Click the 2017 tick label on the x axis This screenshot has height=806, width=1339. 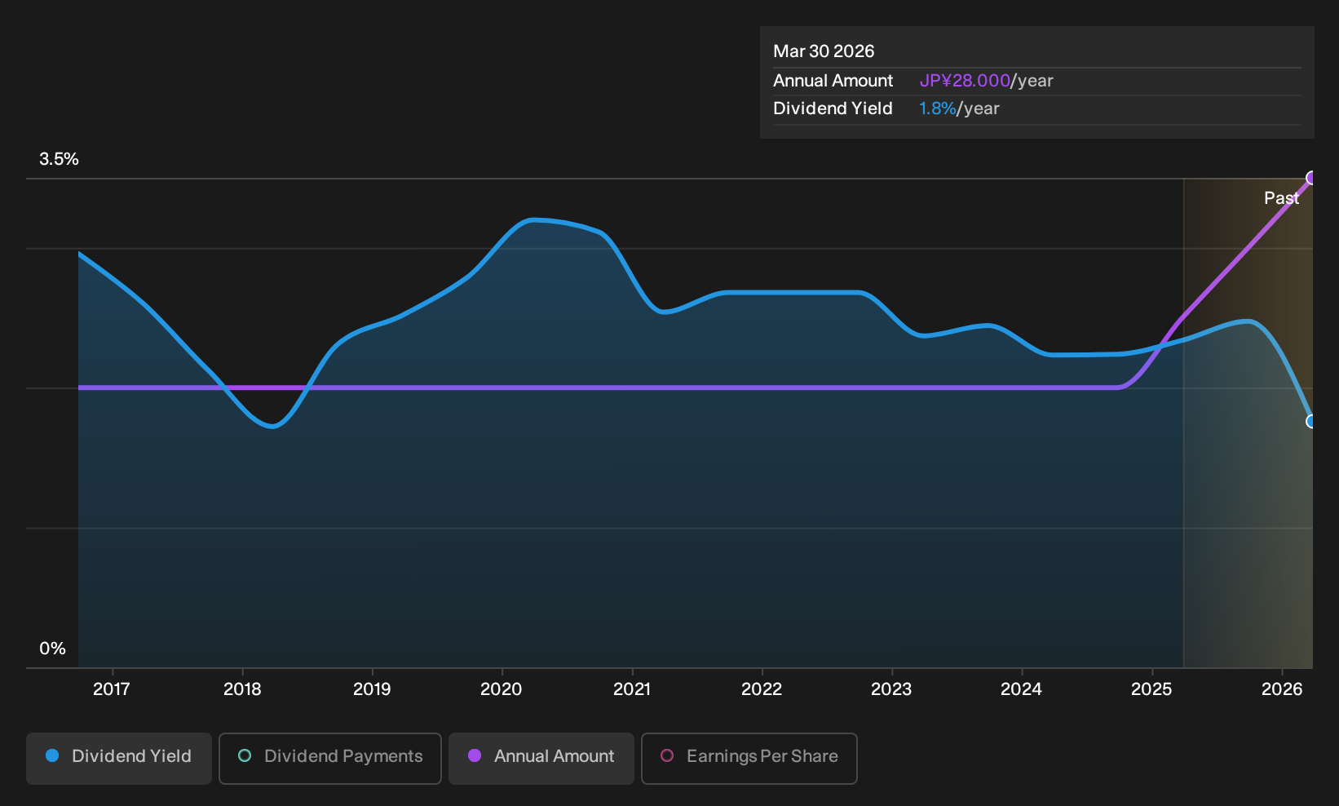[x=112, y=689]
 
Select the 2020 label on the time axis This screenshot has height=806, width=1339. [x=502, y=689]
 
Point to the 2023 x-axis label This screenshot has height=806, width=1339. [x=891, y=689]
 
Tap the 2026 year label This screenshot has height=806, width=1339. [x=1282, y=689]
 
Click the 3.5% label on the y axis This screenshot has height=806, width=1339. [x=59, y=159]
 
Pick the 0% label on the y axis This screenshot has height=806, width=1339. [x=53, y=649]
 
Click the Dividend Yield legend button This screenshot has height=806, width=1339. [x=119, y=758]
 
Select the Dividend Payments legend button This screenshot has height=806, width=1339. [x=330, y=758]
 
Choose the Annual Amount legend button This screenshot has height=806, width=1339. [x=541, y=758]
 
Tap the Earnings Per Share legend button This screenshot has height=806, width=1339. [x=749, y=758]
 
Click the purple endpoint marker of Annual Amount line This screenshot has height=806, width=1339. [x=1311, y=178]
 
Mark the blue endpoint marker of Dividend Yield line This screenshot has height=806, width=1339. [x=1311, y=422]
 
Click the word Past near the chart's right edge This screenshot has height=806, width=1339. [x=1281, y=198]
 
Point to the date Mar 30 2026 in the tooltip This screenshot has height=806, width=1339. [x=824, y=51]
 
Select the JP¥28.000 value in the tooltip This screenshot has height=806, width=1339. [x=965, y=81]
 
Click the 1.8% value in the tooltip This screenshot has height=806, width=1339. [x=937, y=108]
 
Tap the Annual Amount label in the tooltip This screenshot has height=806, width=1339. [x=833, y=81]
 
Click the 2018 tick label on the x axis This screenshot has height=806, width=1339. [x=242, y=689]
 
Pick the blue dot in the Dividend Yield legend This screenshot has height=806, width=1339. [x=53, y=755]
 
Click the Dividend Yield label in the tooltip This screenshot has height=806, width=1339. [x=833, y=108]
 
